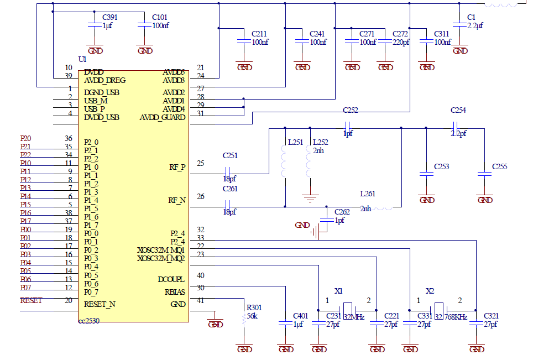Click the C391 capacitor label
(x=110, y=17)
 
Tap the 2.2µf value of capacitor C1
(x=475, y=25)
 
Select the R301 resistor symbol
(x=244, y=319)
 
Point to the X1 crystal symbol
(x=347, y=309)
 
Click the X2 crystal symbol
(x=438, y=309)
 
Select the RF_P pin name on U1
(x=177, y=166)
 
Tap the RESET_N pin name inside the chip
(x=100, y=304)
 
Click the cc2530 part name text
(x=88, y=320)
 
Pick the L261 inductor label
(x=368, y=194)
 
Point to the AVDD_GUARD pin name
(x=163, y=117)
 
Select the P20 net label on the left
(x=25, y=138)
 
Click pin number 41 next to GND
(x=200, y=300)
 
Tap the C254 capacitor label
(x=458, y=110)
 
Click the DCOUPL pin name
(x=171, y=279)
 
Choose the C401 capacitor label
(x=301, y=316)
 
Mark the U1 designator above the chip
(x=83, y=59)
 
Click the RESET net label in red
(x=31, y=301)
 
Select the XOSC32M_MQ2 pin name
(x=161, y=258)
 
